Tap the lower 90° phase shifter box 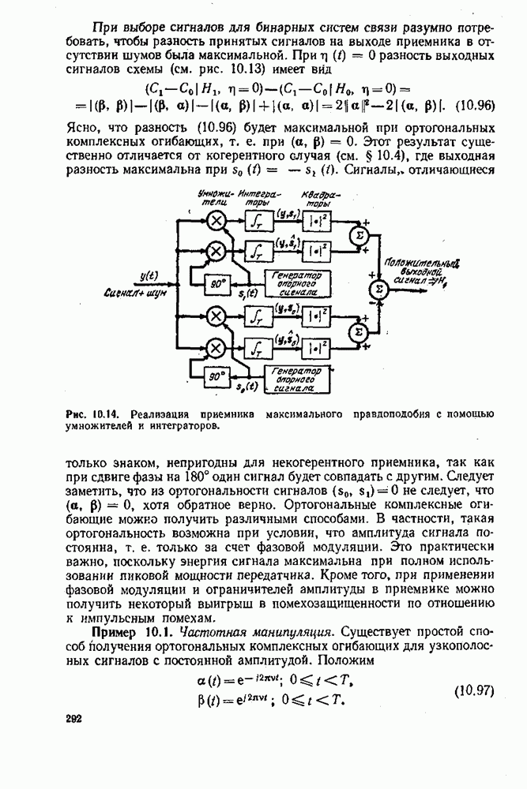214,377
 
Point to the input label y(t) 148,275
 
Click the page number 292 71,720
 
